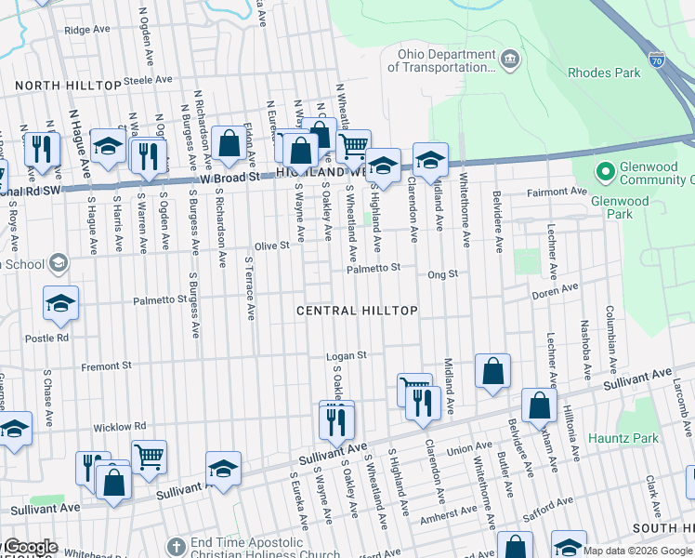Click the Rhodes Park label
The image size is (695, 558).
coord(604,73)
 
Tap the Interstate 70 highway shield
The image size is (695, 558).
coord(656,58)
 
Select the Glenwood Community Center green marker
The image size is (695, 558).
coord(605,172)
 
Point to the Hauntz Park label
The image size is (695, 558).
coord(627,438)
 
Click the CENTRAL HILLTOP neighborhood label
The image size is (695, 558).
coord(357,310)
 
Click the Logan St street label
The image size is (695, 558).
coord(347,355)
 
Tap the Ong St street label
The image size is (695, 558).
coord(442,274)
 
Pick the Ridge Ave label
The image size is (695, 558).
coord(87,30)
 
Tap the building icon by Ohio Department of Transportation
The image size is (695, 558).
coord(510,60)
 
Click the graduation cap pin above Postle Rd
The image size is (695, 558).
coord(60,303)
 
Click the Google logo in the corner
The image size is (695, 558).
coord(31,547)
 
